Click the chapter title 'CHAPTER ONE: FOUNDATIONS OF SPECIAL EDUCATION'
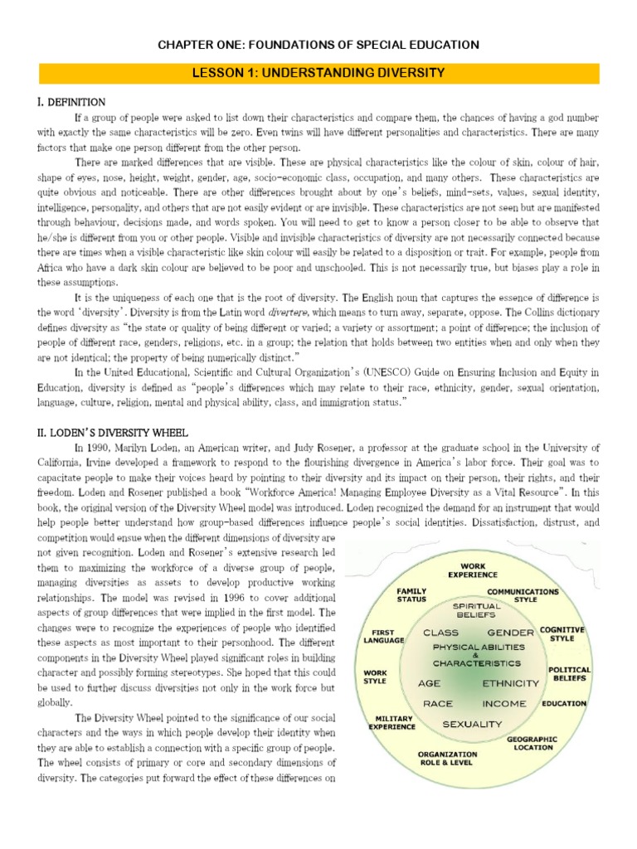pyautogui.click(x=318, y=44)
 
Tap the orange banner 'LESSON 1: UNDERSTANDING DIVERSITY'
pyautogui.click(x=318, y=73)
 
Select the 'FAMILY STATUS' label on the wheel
pyautogui.click(x=411, y=595)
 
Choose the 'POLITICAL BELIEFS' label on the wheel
pyautogui.click(x=569, y=673)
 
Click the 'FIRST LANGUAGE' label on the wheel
pyautogui.click(x=384, y=635)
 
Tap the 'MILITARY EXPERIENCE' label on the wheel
pyautogui.click(x=393, y=722)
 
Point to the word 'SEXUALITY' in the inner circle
pyautogui.click(x=472, y=724)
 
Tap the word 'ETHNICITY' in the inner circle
pyautogui.click(x=510, y=684)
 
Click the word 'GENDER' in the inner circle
pyautogui.click(x=510, y=633)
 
